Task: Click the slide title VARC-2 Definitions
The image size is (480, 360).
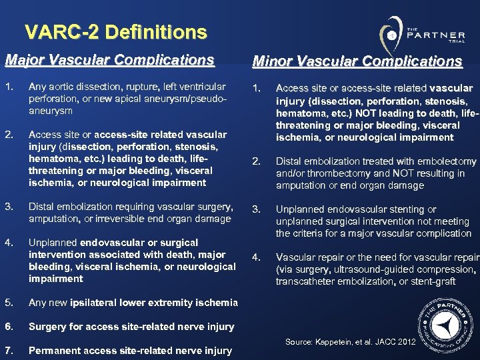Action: pyautogui.click(x=115, y=32)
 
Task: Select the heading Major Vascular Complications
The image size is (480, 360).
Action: pyautogui.click(x=109, y=60)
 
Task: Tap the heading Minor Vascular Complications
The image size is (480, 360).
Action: pyautogui.click(x=357, y=61)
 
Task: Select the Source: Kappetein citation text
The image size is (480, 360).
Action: pyautogui.click(x=350, y=342)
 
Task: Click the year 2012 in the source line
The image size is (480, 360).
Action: pyautogui.click(x=405, y=342)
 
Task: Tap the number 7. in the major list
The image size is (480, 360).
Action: pyautogui.click(x=9, y=351)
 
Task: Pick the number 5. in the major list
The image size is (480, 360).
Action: pyautogui.click(x=9, y=303)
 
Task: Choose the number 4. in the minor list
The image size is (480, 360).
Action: pyautogui.click(x=256, y=257)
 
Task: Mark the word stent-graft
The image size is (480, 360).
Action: pyautogui.click(x=433, y=281)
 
